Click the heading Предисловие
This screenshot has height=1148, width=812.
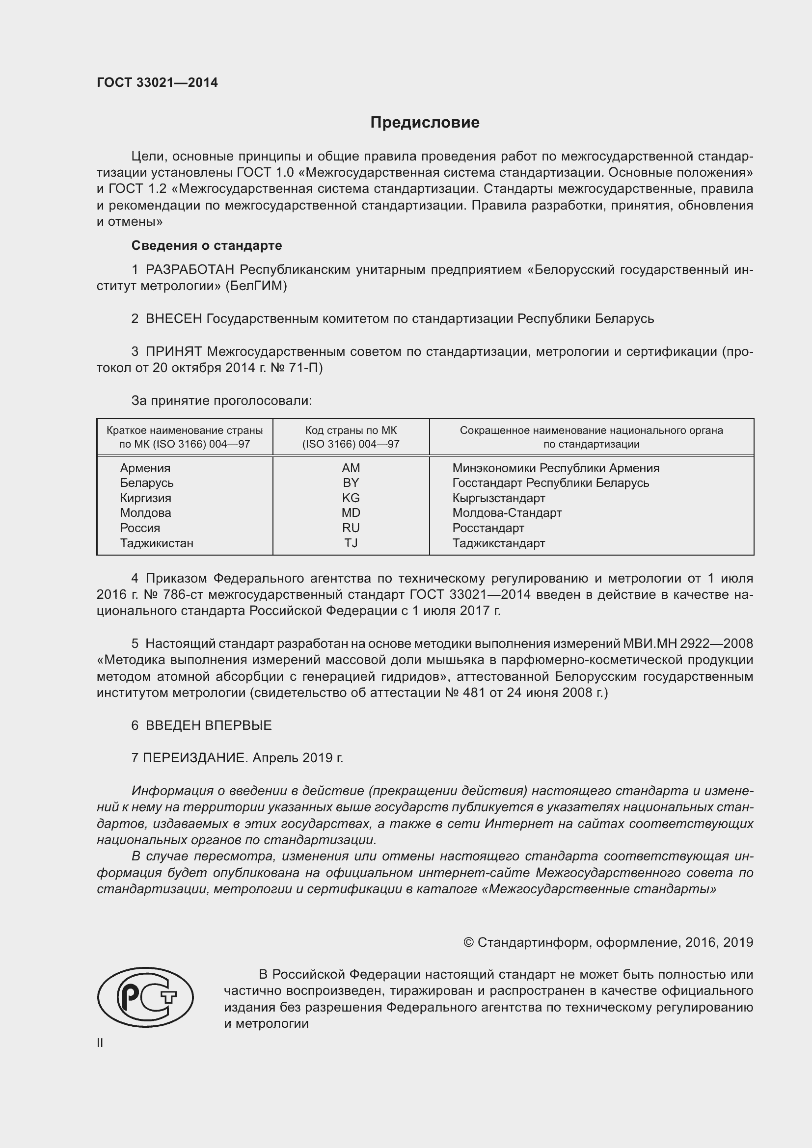[425, 123]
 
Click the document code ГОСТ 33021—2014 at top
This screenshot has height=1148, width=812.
[158, 83]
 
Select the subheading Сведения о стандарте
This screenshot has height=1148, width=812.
[207, 245]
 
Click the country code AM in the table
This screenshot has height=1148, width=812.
[351, 468]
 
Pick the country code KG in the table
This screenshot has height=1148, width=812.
[351, 498]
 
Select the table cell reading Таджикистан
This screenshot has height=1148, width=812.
[157, 543]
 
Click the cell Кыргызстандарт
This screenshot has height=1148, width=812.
[498, 498]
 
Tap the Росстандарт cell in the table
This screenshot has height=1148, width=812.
[488, 528]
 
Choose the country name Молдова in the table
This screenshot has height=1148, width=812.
[145, 513]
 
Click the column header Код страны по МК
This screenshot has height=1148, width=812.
[351, 430]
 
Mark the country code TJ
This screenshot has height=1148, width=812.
[351, 543]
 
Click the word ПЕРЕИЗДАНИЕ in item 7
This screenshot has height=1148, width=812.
[195, 758]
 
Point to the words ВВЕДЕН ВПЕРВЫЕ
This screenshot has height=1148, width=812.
[209, 725]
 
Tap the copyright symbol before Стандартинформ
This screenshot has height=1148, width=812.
[468, 942]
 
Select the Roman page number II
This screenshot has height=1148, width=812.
[100, 1043]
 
